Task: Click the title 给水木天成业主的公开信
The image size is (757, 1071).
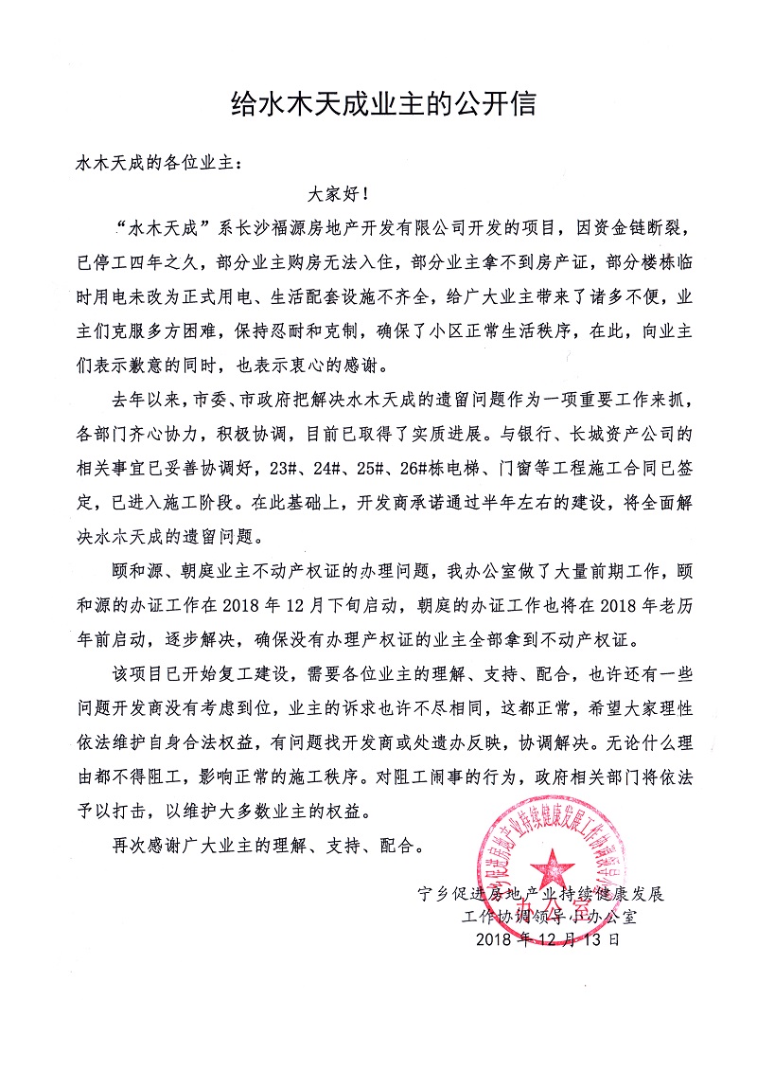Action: [x=384, y=103]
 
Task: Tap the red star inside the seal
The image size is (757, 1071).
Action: [x=546, y=860]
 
